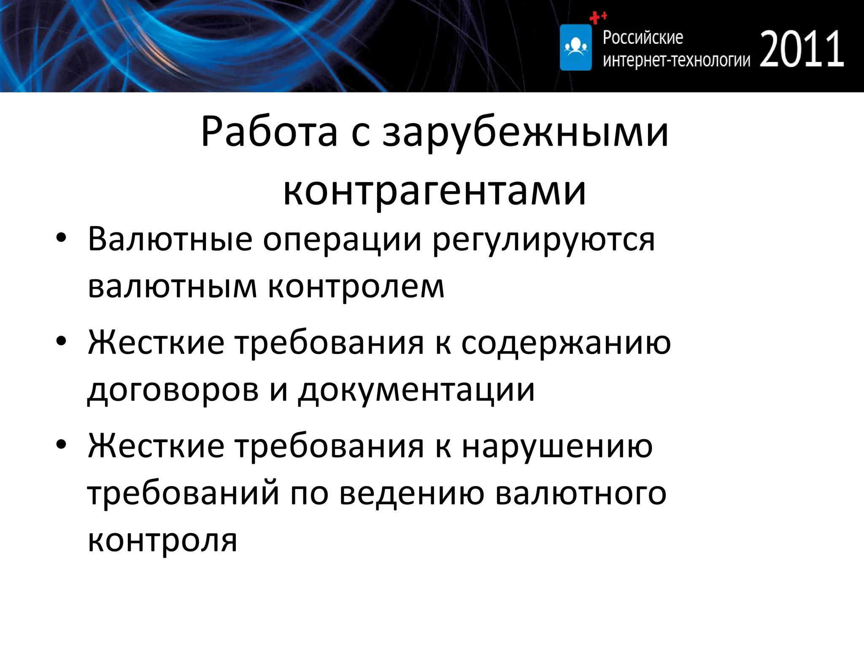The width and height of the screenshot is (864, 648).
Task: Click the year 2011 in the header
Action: (x=802, y=49)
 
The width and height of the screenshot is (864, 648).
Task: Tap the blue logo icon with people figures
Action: (x=575, y=47)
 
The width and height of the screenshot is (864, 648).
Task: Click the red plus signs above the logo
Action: (x=597, y=17)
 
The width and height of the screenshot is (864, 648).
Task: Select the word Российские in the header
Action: (x=643, y=38)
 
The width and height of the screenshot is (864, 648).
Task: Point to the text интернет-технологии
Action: (x=676, y=61)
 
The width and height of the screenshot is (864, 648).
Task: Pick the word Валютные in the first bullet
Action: (x=170, y=239)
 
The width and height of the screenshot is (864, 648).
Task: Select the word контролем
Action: (x=356, y=287)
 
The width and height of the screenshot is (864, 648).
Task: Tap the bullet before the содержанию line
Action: (x=61, y=341)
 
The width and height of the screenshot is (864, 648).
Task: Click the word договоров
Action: (x=173, y=390)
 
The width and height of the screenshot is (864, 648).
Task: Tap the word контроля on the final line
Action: (x=162, y=541)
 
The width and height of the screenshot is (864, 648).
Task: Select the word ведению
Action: (x=412, y=494)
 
